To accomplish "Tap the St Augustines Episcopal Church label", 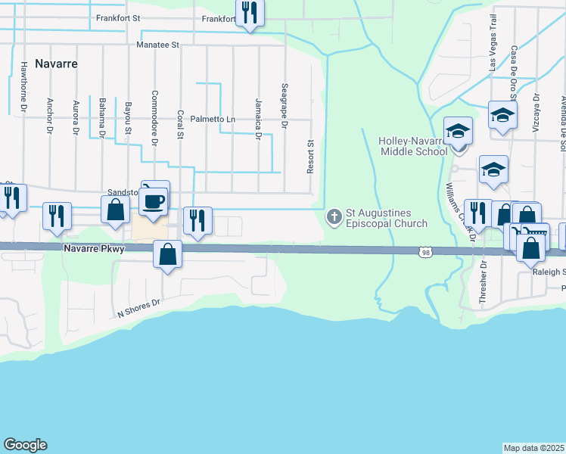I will (x=387, y=218).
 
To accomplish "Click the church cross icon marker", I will (x=334, y=218).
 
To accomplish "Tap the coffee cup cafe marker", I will (x=154, y=202).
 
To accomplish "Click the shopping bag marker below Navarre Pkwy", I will (x=168, y=254).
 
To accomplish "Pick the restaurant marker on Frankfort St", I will (x=249, y=12).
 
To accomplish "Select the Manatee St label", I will (x=157, y=45).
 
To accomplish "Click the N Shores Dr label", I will (x=139, y=307).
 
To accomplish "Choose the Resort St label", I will (x=310, y=157).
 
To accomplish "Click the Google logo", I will (x=25, y=445).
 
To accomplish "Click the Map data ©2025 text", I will (x=534, y=448).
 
